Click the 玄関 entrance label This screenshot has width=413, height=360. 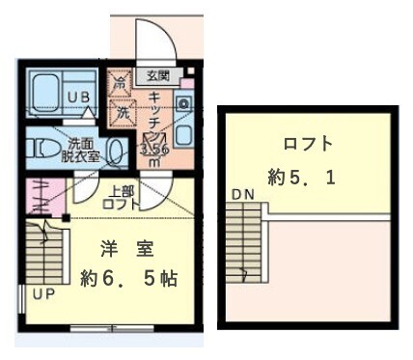tap(156, 74)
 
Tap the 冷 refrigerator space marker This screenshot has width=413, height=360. tap(123, 85)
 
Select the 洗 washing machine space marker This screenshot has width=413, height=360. tap(123, 112)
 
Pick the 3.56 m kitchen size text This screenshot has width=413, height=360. tap(154, 154)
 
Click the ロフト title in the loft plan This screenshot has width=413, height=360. tap(308, 145)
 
